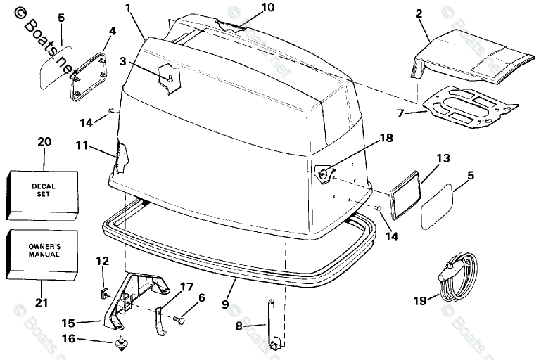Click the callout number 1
[128, 8]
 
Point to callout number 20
[44, 141]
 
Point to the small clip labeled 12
[101, 290]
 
